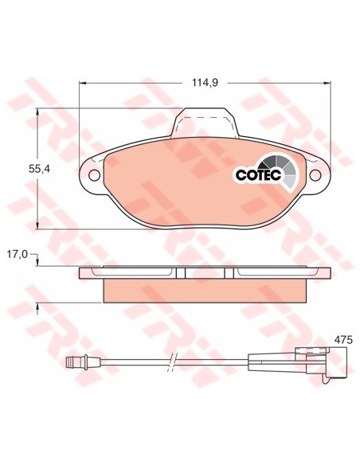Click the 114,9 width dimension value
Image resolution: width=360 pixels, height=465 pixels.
point(205,83)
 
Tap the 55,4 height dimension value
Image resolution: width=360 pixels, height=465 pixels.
point(39,169)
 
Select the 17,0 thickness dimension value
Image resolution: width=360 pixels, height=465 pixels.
point(18,255)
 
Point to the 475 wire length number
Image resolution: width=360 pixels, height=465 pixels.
point(343,339)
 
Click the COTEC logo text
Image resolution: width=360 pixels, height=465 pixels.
point(258,175)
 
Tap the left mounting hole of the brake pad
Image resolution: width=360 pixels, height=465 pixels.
point(94,175)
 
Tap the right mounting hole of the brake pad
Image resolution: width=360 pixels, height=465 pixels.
point(315,175)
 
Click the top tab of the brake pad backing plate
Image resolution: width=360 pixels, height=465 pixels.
point(205,123)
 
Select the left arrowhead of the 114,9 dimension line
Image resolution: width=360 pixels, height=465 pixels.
point(83,83)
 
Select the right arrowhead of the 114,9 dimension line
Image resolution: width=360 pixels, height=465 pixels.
point(327,83)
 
